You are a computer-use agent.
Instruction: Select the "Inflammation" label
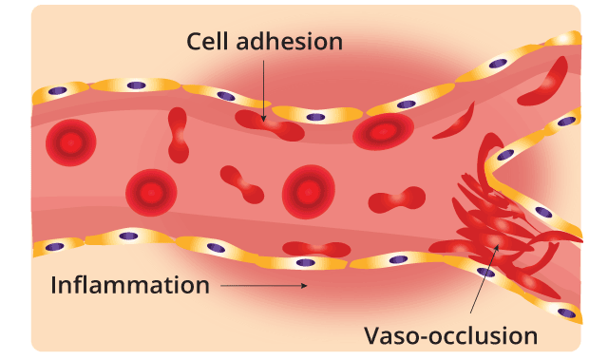[x=129, y=284]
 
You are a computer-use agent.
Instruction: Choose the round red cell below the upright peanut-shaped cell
[x=151, y=193]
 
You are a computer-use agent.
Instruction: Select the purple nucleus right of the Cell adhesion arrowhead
[x=316, y=118]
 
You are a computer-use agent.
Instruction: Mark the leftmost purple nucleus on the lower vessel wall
[x=51, y=245]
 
